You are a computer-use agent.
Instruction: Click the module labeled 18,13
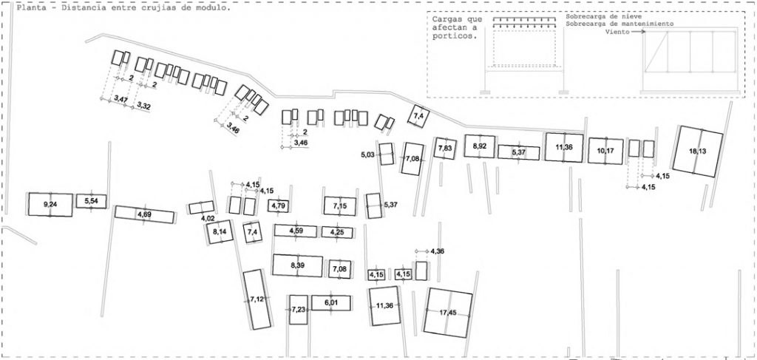tap(698, 152)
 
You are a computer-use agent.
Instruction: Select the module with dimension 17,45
tap(447, 313)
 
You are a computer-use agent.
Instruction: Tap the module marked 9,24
tap(50, 205)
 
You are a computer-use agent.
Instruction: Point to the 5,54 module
tap(91, 201)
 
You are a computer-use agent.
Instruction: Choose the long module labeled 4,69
tap(144, 214)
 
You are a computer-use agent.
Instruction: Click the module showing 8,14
tap(219, 232)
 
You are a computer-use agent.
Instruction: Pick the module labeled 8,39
tap(297, 265)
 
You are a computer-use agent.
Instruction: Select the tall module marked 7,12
tap(257, 299)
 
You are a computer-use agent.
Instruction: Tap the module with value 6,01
tap(330, 302)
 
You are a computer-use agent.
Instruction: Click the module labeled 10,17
tap(605, 151)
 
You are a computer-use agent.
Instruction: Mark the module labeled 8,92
tap(479, 146)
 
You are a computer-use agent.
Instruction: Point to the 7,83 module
tap(444, 148)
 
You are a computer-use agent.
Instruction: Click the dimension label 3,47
tap(120, 99)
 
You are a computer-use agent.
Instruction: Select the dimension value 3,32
tap(143, 105)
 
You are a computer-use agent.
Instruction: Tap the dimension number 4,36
tap(437, 251)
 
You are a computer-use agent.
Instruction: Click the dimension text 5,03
tap(367, 154)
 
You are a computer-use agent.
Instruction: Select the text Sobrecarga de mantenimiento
tap(619, 23)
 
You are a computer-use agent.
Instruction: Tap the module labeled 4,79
tap(279, 206)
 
